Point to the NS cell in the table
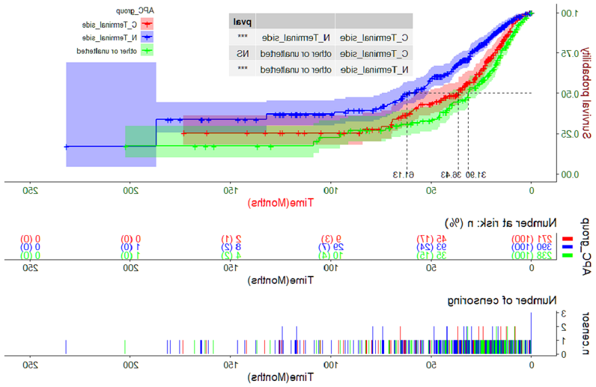pyautogui.click(x=242, y=53)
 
